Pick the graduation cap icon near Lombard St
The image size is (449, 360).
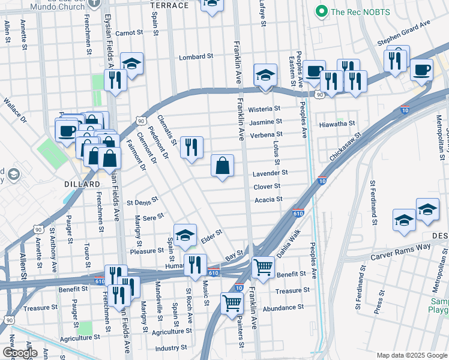(131, 64)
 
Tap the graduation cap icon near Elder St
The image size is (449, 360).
(185, 236)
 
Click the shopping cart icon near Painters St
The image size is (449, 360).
(231, 304)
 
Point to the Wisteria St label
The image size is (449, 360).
(265, 109)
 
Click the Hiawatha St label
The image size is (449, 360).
(337, 124)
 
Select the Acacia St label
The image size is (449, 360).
(268, 200)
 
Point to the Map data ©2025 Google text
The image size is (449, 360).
(411, 355)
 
